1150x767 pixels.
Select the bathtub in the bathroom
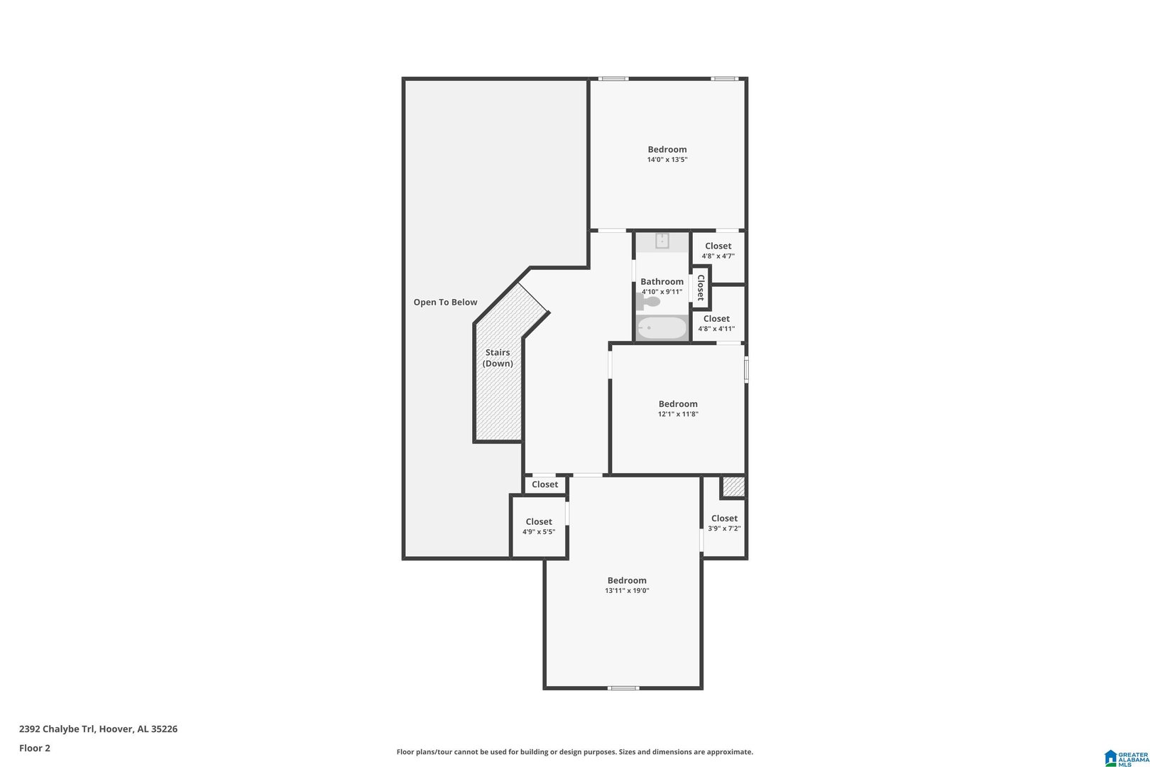tap(662, 328)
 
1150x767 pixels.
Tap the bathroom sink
tap(662, 241)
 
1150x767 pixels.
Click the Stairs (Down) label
tap(498, 357)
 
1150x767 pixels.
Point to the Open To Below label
tap(445, 302)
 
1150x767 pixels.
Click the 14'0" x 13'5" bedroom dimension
tap(667, 160)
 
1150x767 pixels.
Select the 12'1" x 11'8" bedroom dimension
tap(678, 414)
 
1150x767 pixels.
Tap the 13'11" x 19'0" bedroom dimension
tap(627, 591)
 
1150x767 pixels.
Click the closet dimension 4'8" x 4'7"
tap(718, 256)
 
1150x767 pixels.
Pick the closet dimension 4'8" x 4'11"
tap(716, 329)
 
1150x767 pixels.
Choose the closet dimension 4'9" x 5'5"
tap(539, 532)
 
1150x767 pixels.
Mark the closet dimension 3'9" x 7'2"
tap(724, 528)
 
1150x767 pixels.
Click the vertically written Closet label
tap(701, 288)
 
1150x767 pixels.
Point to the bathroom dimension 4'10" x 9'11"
tap(662, 292)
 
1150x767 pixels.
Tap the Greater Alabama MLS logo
tap(1127, 758)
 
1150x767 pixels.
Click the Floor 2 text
tap(35, 748)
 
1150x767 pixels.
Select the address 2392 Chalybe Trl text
tap(57, 729)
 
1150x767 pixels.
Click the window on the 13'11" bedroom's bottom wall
tap(623, 688)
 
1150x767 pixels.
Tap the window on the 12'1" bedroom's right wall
tap(746, 370)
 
